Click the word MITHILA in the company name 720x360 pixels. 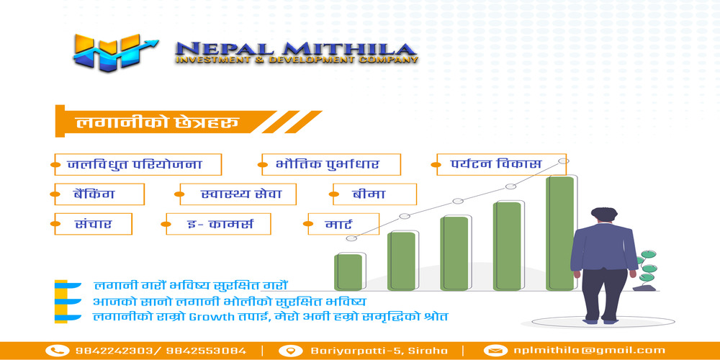[349, 49]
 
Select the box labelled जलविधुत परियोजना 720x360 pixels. [138, 164]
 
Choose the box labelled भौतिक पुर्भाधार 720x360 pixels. [331, 164]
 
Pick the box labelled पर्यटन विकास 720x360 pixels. [501, 164]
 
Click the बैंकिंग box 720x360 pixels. [99, 194]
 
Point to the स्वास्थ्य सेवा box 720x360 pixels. [238, 194]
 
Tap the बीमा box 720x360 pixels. [374, 194]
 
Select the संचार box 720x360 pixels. [93, 224]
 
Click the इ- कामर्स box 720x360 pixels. [218, 224]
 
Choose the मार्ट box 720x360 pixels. [343, 224]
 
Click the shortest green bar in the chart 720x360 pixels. [348, 272]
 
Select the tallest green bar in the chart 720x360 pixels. [560, 233]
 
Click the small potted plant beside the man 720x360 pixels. [646, 271]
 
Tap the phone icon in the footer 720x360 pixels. [58, 351]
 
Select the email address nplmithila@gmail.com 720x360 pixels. [590, 351]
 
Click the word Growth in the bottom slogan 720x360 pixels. [210, 317]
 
